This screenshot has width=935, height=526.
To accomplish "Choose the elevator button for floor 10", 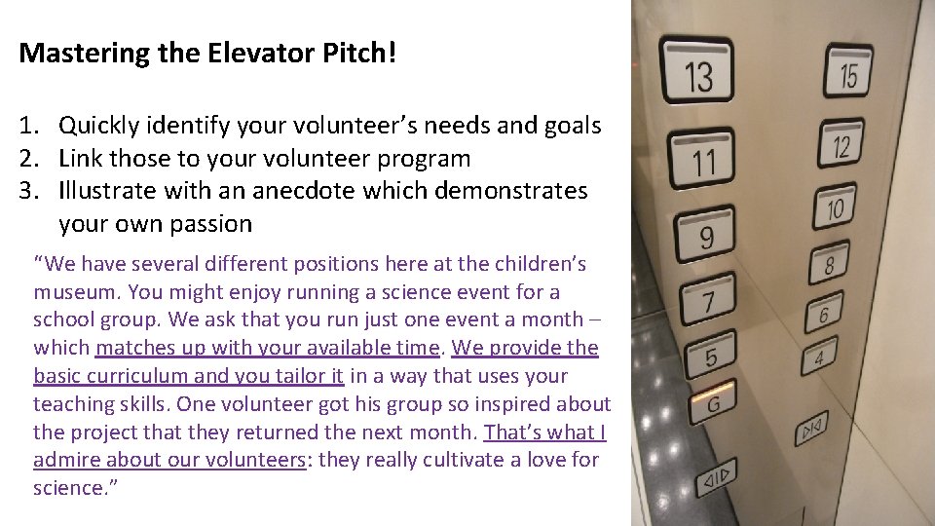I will coord(835,206).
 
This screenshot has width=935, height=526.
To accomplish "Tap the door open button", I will coord(718,479).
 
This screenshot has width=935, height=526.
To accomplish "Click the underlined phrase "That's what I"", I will coord(544,432).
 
